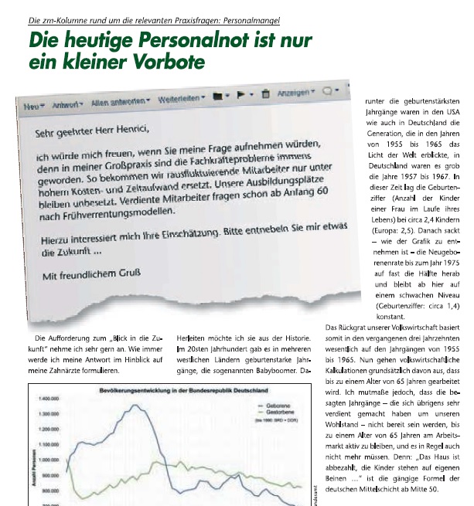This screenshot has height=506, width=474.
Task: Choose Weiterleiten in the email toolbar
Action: (x=181, y=100)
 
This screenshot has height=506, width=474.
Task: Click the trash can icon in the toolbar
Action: (x=265, y=94)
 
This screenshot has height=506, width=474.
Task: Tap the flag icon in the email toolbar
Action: (x=243, y=96)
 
